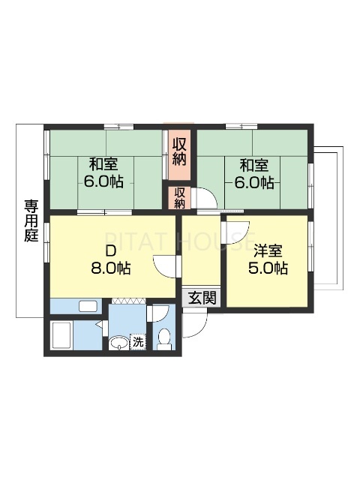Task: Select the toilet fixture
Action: point(164,338)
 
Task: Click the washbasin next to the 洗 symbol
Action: point(118,343)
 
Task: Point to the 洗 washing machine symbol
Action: point(138,342)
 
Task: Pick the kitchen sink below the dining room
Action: point(88,305)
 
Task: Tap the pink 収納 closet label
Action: point(180,151)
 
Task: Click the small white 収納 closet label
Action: point(181,197)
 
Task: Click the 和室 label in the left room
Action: point(105,163)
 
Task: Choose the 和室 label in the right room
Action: point(255,163)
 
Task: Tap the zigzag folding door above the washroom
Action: point(128,301)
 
